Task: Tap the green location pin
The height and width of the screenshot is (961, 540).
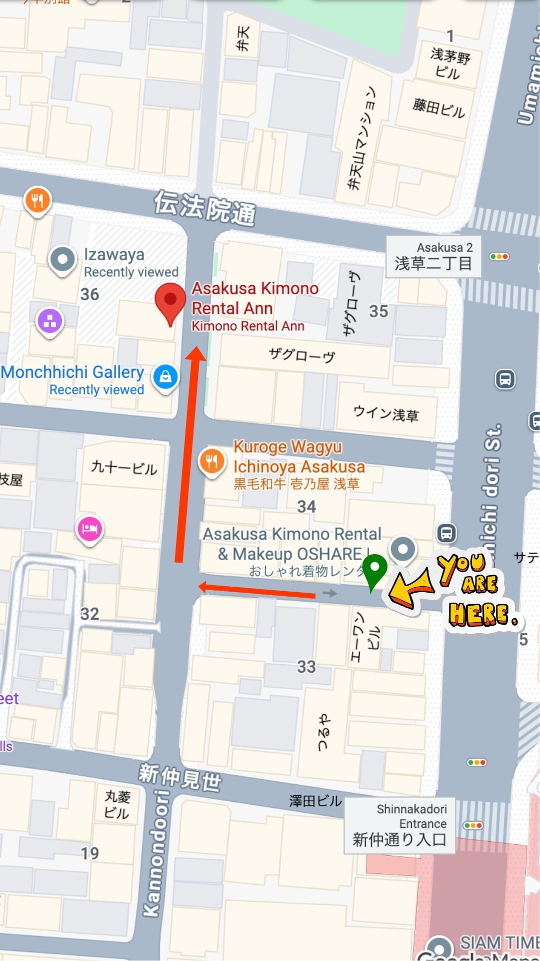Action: tap(374, 570)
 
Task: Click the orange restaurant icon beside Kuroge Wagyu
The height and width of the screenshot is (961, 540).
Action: tap(211, 462)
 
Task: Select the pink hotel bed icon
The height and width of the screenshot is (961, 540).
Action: tap(89, 529)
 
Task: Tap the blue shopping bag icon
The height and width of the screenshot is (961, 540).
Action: tap(165, 376)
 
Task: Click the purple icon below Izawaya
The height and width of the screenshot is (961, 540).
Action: tap(50, 321)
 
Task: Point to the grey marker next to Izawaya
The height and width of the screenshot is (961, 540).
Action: tap(62, 260)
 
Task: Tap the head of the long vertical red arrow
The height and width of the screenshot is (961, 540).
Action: tap(195, 353)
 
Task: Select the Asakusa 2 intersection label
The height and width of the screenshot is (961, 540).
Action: tap(433, 256)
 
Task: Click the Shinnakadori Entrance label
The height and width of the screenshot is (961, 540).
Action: tap(399, 825)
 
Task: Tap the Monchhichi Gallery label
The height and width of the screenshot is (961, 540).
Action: tap(72, 372)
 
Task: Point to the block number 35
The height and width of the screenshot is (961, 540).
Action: tap(378, 311)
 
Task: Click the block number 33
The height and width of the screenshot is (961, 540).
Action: tap(306, 667)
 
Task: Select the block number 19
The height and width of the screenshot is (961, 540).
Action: tap(90, 853)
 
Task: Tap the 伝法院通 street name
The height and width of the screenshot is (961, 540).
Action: tap(204, 208)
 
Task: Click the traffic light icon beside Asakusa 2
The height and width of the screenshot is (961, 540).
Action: tap(499, 257)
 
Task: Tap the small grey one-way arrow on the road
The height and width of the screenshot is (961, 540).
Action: tap(330, 594)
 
